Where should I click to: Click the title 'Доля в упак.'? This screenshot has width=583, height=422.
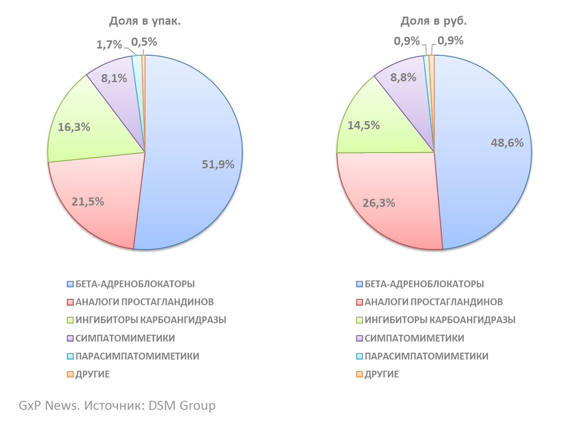tap(145, 21)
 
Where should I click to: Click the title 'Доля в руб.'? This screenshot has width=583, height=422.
tap(434, 21)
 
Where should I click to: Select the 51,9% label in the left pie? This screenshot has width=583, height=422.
tap(218, 165)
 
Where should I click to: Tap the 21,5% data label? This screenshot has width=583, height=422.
tap(88, 202)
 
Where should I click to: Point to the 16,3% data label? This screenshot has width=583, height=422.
tap(74, 127)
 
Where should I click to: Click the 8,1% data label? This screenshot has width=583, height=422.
tap(114, 78)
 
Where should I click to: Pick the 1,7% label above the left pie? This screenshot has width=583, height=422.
tap(109, 45)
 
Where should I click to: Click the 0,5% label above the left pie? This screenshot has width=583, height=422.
tap(144, 42)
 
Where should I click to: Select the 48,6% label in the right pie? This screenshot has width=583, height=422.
tap(507, 143)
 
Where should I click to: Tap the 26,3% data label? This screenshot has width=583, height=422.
tap(379, 203)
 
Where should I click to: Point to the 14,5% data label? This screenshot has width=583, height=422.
tap(363, 125)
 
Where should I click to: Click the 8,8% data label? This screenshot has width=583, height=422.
tap(403, 77)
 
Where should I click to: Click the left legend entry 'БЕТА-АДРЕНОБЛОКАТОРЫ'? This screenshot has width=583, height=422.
tap(135, 284)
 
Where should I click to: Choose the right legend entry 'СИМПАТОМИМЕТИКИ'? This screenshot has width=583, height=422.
tap(414, 338)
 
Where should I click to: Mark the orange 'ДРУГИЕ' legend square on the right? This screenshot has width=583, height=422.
tap(359, 374)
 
